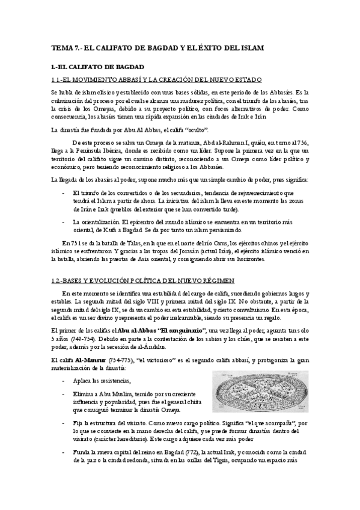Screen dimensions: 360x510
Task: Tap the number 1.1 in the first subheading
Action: click(x=57, y=79)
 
